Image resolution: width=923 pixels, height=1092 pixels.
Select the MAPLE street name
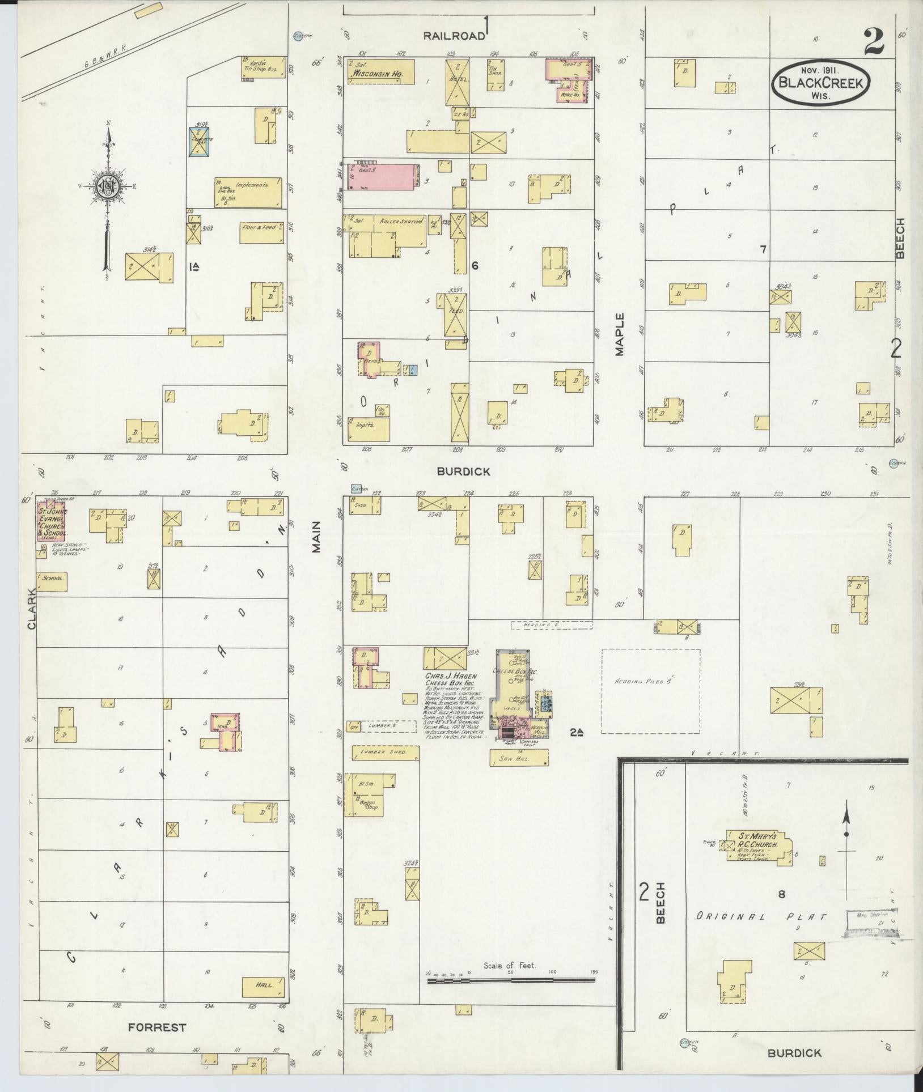[x=619, y=334]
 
